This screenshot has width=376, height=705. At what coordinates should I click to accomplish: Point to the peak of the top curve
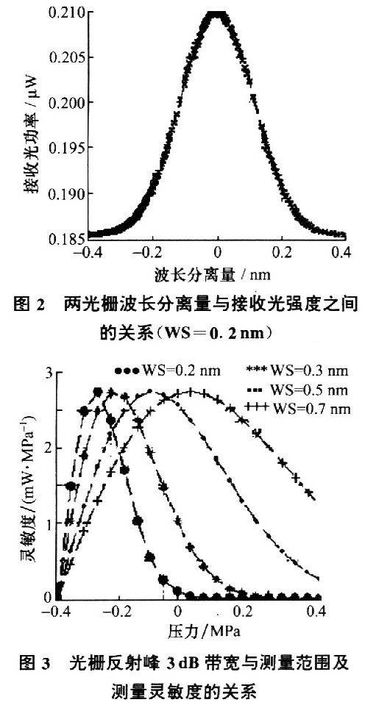(217, 13)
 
